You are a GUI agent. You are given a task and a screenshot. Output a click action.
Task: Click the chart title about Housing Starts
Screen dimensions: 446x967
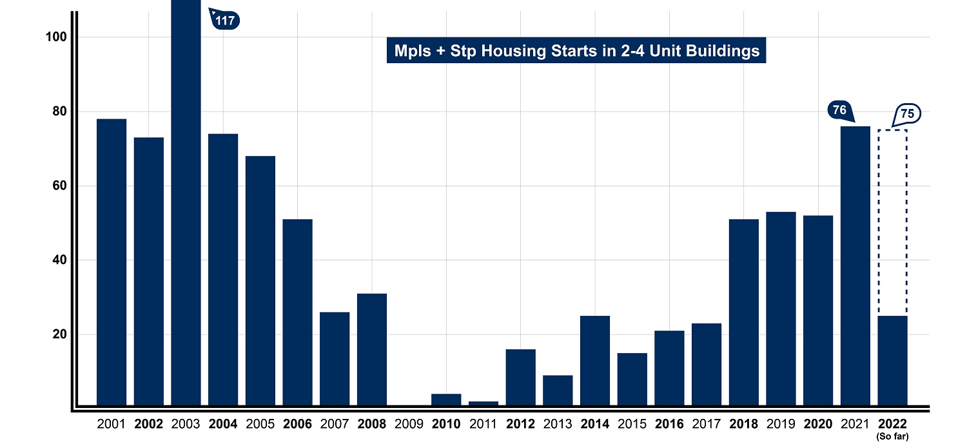(x=576, y=51)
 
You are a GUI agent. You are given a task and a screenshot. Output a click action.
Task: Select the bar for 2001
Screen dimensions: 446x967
(x=112, y=262)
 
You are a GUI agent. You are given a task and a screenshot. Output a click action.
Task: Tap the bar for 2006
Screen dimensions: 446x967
(x=297, y=313)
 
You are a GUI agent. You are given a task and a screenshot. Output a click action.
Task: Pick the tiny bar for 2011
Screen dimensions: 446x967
(x=484, y=403)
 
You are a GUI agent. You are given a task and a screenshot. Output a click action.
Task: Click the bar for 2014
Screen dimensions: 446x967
(x=595, y=361)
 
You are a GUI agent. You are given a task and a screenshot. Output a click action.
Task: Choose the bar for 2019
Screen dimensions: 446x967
(x=781, y=309)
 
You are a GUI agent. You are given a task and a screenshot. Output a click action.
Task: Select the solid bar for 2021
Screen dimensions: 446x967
(x=855, y=266)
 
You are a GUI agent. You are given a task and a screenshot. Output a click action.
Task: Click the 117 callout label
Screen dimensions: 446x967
(x=225, y=21)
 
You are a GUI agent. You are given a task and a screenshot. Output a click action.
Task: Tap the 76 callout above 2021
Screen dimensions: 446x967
(x=839, y=110)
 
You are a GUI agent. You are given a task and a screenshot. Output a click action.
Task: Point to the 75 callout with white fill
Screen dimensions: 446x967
(x=907, y=114)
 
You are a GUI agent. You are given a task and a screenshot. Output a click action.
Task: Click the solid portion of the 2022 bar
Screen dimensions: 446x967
(x=892, y=361)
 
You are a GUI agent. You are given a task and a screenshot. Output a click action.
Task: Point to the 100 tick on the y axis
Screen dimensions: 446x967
(x=57, y=37)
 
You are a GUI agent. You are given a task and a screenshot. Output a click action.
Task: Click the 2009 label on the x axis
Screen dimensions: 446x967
(x=409, y=424)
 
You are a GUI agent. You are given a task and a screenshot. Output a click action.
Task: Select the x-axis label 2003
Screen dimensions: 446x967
(x=186, y=424)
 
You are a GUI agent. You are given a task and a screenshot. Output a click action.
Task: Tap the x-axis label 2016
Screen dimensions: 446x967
(x=669, y=424)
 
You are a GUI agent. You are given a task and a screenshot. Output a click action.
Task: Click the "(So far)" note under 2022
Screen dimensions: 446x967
(x=892, y=436)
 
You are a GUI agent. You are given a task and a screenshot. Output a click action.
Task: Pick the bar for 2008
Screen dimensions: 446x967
(x=372, y=350)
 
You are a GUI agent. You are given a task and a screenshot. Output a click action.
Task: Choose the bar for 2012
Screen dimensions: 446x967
(x=520, y=378)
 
